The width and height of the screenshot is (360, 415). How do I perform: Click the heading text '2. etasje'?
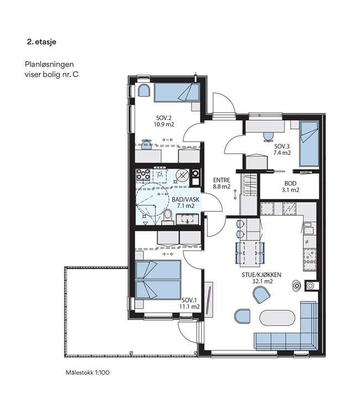click(42, 42)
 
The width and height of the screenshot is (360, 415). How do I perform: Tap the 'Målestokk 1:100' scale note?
click(88, 372)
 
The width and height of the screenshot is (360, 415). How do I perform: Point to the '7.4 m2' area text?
click(282, 153)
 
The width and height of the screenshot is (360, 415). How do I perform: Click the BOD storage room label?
click(290, 183)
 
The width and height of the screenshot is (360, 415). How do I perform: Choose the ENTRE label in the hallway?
click(222, 180)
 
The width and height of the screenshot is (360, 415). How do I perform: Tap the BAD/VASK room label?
click(186, 199)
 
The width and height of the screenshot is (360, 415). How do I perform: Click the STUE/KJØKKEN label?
click(261, 274)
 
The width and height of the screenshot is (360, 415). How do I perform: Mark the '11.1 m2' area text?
click(189, 307)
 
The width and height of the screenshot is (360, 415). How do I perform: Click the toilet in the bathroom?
click(167, 216)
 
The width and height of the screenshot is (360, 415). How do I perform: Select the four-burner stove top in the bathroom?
click(143, 175)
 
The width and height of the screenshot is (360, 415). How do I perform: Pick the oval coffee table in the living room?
click(277, 318)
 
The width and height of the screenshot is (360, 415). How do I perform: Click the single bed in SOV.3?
click(309, 144)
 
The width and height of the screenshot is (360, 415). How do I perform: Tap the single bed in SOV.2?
click(177, 92)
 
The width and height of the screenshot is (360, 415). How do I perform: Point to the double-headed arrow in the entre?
click(235, 195)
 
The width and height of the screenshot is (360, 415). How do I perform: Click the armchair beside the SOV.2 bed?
click(145, 91)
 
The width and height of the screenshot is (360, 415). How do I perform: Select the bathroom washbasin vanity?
click(187, 219)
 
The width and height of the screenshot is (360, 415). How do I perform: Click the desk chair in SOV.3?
click(269, 137)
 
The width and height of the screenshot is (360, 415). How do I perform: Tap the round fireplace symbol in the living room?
click(296, 286)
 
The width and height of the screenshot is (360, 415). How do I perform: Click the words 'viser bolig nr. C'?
click(52, 74)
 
